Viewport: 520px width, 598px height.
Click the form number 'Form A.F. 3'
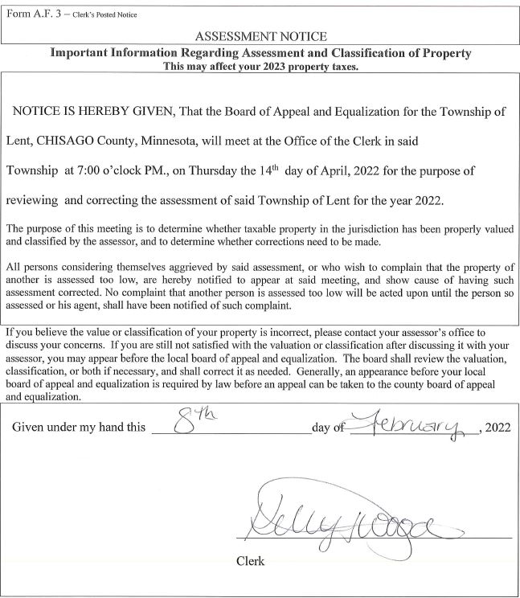tap(32, 14)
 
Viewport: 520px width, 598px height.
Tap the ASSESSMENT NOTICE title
tap(261, 36)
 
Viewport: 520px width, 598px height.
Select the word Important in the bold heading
tap(81, 53)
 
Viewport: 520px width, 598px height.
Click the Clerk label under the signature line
tap(250, 561)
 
